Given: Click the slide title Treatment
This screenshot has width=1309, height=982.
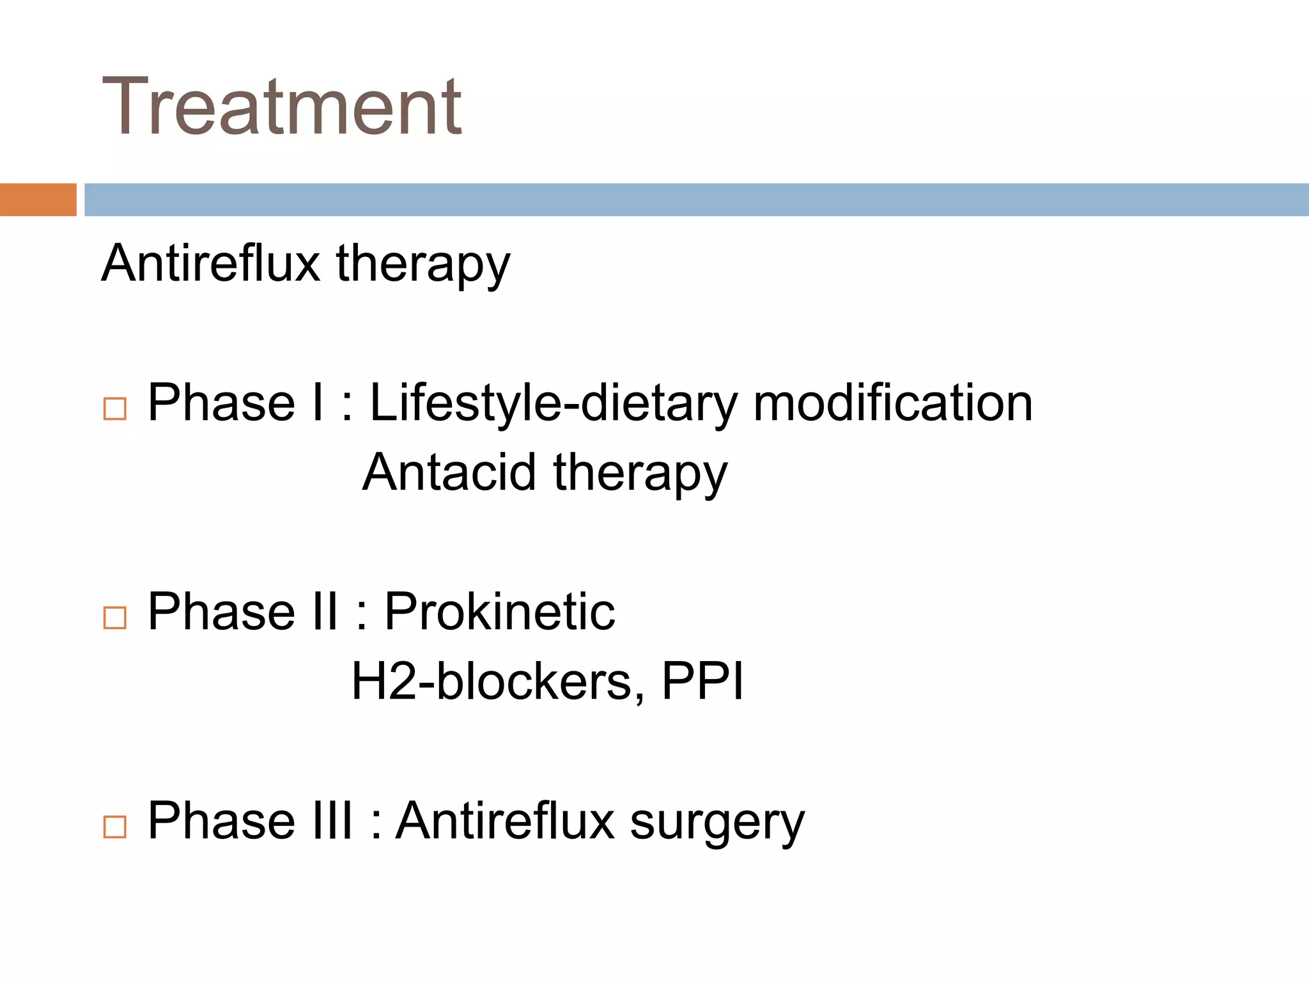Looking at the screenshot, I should pos(281,107).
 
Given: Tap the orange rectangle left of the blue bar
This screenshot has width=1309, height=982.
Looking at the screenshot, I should pos(38,199).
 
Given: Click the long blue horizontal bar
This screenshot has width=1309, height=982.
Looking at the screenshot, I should pos(695,199).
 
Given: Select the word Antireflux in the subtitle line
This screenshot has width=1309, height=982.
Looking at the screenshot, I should pos(210,263).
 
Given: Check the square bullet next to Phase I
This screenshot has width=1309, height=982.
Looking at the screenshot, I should pos(115,409).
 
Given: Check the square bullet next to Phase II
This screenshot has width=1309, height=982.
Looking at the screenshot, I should pos(115,618).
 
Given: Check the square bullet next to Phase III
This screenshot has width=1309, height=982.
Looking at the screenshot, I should pos(115,827).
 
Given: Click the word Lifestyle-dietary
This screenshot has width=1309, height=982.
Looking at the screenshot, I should pos(554,404).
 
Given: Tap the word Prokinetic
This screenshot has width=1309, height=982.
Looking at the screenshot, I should pos(499,612).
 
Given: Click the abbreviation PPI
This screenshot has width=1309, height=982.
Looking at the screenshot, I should pos(702,682).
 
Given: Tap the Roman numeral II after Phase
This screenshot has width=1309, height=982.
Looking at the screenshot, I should pos(325,612).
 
